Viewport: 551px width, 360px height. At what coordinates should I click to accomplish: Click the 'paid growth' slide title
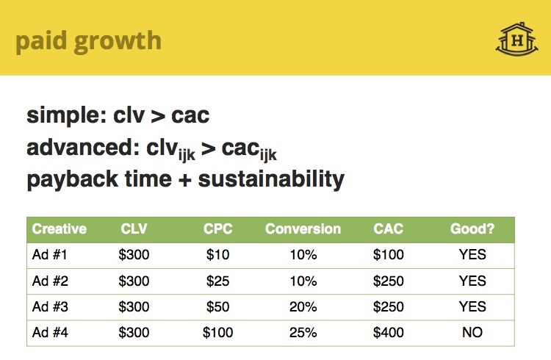88,40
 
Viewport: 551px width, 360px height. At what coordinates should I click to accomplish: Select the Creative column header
59,229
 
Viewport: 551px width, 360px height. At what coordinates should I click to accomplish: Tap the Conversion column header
303,229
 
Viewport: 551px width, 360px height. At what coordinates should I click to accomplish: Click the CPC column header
217,229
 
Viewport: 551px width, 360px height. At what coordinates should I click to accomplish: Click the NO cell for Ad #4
472,332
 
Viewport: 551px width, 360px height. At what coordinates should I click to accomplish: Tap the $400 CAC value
388,332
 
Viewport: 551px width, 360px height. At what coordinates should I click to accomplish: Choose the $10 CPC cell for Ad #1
217,255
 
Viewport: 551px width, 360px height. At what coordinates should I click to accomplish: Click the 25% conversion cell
303,332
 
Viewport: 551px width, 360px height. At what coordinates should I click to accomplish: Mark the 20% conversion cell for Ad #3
303,306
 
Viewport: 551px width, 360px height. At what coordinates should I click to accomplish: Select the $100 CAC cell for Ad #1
388,255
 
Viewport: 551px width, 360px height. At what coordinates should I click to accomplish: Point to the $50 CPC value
217,306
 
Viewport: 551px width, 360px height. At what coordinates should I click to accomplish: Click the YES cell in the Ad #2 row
472,281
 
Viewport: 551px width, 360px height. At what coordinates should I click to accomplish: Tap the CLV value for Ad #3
134,306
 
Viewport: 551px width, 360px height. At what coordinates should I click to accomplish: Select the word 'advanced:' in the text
79,148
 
